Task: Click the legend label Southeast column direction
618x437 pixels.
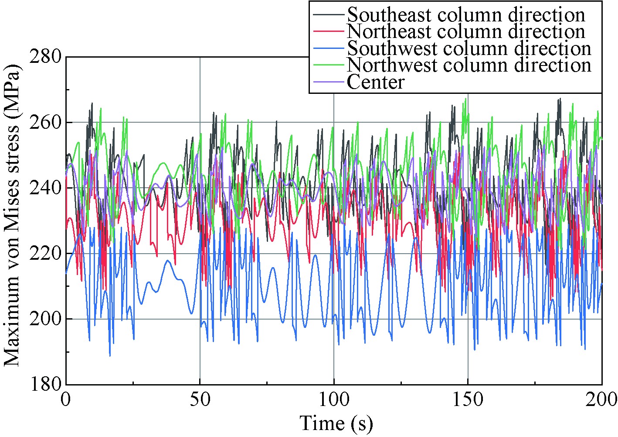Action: (465, 15)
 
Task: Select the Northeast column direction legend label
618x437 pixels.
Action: (465, 31)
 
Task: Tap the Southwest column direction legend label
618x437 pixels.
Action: (469, 48)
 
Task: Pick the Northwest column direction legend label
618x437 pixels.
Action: (469, 65)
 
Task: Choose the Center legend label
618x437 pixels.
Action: (376, 82)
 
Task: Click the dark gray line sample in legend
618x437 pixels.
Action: (329, 14)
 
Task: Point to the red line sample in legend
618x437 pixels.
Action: (329, 31)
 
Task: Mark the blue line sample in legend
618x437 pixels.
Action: (329, 48)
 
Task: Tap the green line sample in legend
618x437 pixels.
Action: (329, 65)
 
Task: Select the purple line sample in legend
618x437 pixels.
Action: (329, 82)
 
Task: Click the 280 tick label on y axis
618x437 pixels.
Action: (45, 57)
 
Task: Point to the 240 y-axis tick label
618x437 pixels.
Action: (45, 188)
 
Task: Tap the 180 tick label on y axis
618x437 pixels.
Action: (45, 385)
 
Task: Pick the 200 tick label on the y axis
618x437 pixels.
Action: (45, 319)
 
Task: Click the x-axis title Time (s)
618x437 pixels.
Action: (336, 423)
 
